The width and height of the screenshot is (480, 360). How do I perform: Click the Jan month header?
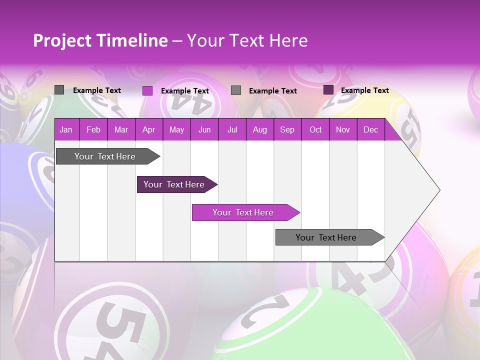66,130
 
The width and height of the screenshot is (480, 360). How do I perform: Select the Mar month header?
121,130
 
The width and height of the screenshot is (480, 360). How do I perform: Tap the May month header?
176,130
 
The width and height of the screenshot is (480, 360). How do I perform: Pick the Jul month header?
232,130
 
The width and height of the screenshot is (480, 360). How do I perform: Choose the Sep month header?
287,130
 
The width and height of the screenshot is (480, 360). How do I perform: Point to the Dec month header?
370,130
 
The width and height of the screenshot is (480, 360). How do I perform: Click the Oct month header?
315,130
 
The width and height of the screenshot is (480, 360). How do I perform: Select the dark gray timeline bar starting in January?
105,156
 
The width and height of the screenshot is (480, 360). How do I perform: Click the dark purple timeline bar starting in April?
174,184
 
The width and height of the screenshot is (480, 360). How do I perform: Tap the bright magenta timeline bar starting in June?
243,212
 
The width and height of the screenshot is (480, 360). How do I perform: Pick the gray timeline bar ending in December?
326,237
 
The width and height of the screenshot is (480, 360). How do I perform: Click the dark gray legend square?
59,90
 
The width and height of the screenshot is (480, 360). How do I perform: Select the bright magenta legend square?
147,90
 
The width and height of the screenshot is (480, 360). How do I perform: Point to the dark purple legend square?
328,90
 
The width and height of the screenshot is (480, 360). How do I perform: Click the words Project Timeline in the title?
100,40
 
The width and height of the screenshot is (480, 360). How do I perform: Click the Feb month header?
93,130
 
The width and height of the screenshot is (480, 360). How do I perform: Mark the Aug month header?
259,130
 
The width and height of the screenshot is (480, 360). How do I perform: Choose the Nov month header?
343,130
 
